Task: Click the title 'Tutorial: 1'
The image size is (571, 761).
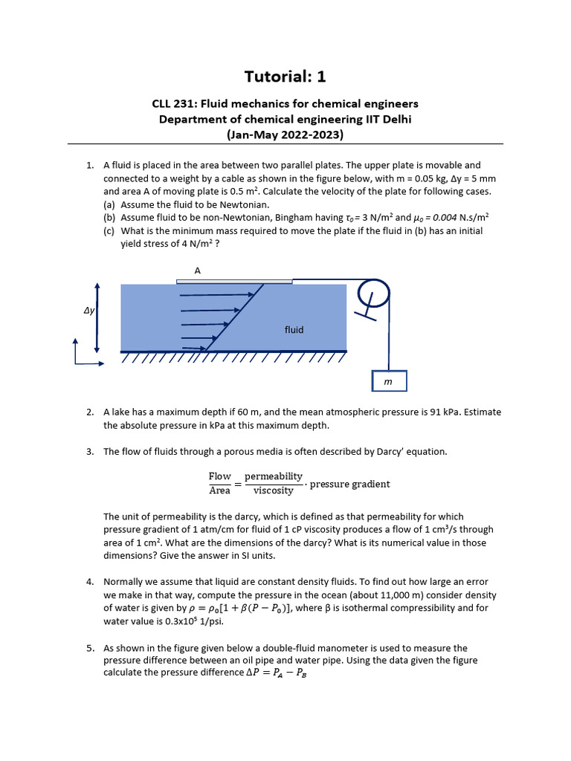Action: pos(285,77)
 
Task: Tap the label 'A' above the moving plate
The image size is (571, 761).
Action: pos(198,271)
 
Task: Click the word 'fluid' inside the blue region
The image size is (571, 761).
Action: pos(294,329)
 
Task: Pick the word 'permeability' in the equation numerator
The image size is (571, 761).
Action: pos(274,476)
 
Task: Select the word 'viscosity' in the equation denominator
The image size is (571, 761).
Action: pos(274,490)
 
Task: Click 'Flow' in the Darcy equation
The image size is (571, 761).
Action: pos(219,476)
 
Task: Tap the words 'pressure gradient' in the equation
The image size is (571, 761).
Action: pos(349,484)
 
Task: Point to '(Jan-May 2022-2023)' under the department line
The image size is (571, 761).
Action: pos(285,135)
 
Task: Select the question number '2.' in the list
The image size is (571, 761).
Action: pos(89,412)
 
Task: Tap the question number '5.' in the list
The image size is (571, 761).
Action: pos(89,648)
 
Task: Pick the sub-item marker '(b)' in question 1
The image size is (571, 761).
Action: pos(109,218)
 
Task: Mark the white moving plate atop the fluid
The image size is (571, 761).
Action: pos(234,281)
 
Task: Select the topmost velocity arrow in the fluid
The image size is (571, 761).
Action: pos(217,295)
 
